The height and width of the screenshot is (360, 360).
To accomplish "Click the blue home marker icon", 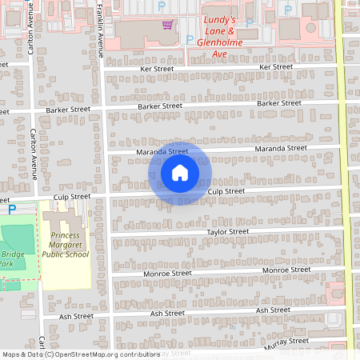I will pos(180,172).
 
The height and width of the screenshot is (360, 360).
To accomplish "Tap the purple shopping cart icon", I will pos(166,25).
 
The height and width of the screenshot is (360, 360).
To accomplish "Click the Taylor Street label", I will pos(228,231).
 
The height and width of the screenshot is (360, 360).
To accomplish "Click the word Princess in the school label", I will pos(66,235).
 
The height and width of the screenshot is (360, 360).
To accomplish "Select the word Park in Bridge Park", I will pos(6,263).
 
